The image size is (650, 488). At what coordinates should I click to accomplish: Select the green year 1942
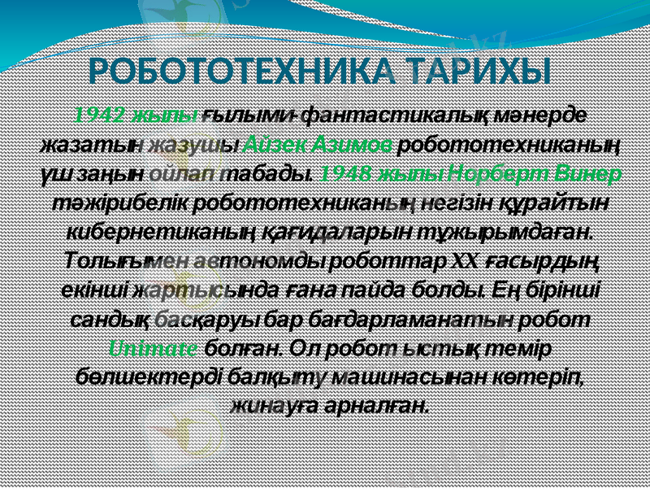pos(102,115)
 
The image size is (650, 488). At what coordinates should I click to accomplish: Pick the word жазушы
pos(199,145)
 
